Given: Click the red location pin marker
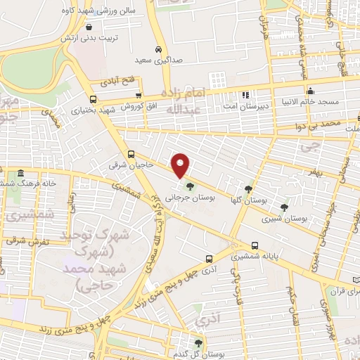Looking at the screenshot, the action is [181, 165].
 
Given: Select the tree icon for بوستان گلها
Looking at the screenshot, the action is [247, 188].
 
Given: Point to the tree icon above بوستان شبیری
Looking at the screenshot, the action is [283, 207].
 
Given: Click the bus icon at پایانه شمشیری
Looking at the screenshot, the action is [254, 246].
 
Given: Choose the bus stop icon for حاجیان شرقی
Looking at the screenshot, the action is [131, 155].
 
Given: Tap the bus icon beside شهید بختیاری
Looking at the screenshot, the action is [93, 99].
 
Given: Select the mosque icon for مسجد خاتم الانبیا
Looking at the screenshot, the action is [310, 91].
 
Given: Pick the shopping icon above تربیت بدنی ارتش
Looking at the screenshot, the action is [89, 27].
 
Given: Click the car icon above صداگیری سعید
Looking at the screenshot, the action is [160, 49].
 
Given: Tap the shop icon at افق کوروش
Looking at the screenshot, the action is [139, 95].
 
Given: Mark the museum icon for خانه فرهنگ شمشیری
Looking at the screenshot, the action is [20, 173].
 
